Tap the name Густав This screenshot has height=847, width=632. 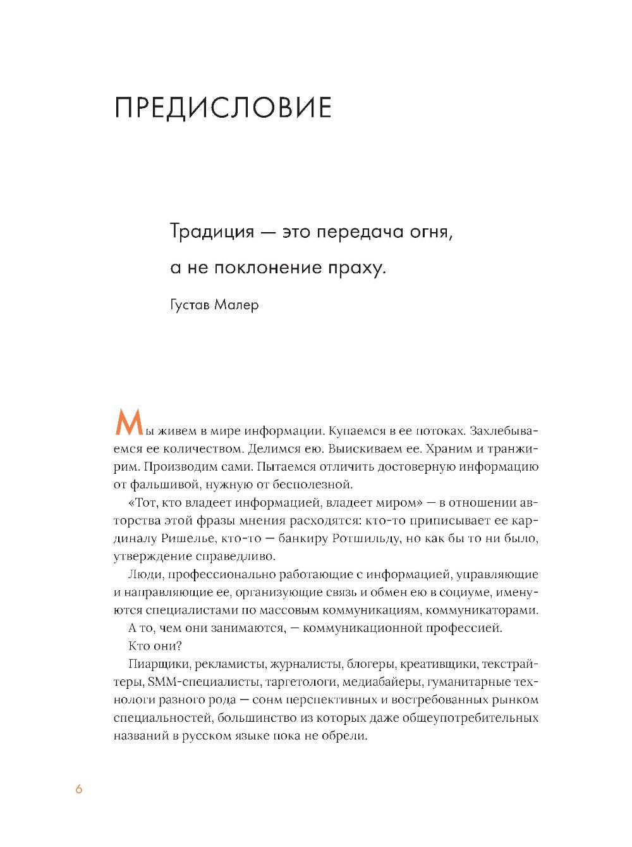pyautogui.click(x=190, y=306)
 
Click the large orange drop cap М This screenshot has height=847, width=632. pyautogui.click(x=126, y=423)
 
